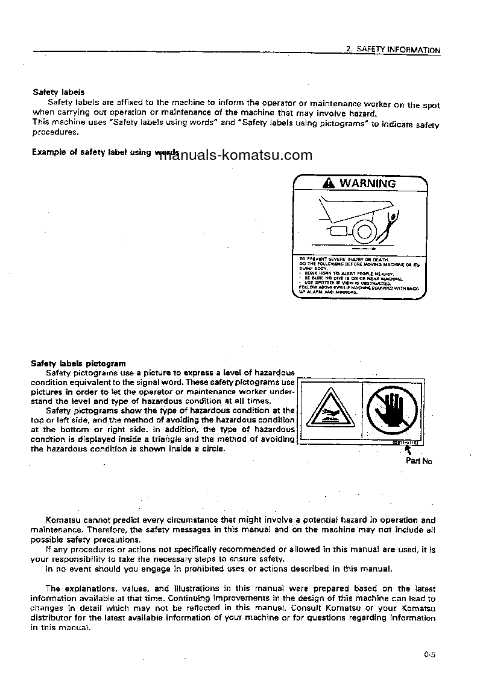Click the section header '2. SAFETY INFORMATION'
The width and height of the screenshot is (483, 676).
click(x=393, y=50)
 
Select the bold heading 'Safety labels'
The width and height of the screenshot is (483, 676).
click(x=58, y=92)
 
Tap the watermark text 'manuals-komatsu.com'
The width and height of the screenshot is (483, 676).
click(x=236, y=156)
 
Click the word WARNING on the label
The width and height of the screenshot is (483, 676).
click(x=368, y=183)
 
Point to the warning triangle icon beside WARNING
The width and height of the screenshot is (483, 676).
click(x=329, y=183)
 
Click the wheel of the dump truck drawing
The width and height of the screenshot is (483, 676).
click(x=364, y=231)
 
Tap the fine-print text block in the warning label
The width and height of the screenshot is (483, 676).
click(x=359, y=275)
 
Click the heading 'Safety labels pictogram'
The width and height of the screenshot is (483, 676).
click(x=78, y=363)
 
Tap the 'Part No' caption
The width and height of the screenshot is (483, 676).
click(x=418, y=461)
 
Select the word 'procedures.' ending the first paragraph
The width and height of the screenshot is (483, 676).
click(x=55, y=132)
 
